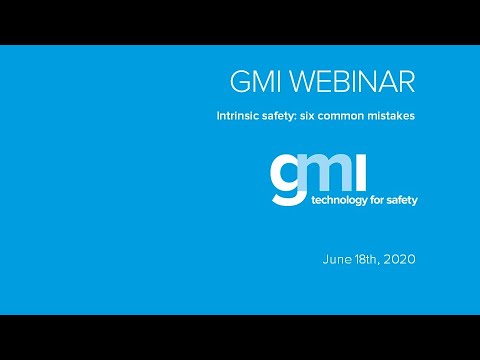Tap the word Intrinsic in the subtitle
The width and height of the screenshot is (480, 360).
pos(240,116)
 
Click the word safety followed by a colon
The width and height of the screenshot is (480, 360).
pos(290,116)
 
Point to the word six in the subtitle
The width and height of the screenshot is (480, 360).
pos(325,116)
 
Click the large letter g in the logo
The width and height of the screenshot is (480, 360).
pos(285,179)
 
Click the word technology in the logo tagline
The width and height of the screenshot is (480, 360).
pos(338,199)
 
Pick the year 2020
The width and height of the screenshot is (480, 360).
pos(400,259)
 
